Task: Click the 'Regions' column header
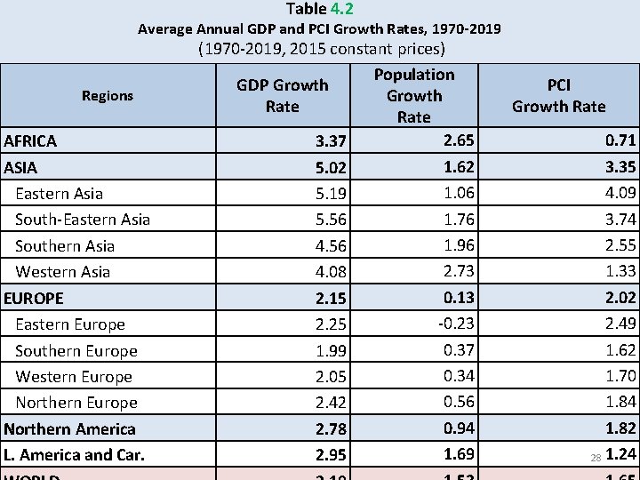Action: [107, 96]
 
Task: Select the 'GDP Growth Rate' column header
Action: [282, 96]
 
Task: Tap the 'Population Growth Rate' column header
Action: [413, 96]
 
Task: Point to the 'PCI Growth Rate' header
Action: [558, 96]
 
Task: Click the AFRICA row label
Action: [30, 141]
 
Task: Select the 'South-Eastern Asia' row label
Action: [83, 220]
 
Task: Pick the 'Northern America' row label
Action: [69, 429]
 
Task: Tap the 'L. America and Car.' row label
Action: [74, 455]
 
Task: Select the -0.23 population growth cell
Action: [455, 324]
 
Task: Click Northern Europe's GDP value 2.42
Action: [331, 404]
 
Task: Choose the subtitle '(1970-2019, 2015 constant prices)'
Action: [321, 49]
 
